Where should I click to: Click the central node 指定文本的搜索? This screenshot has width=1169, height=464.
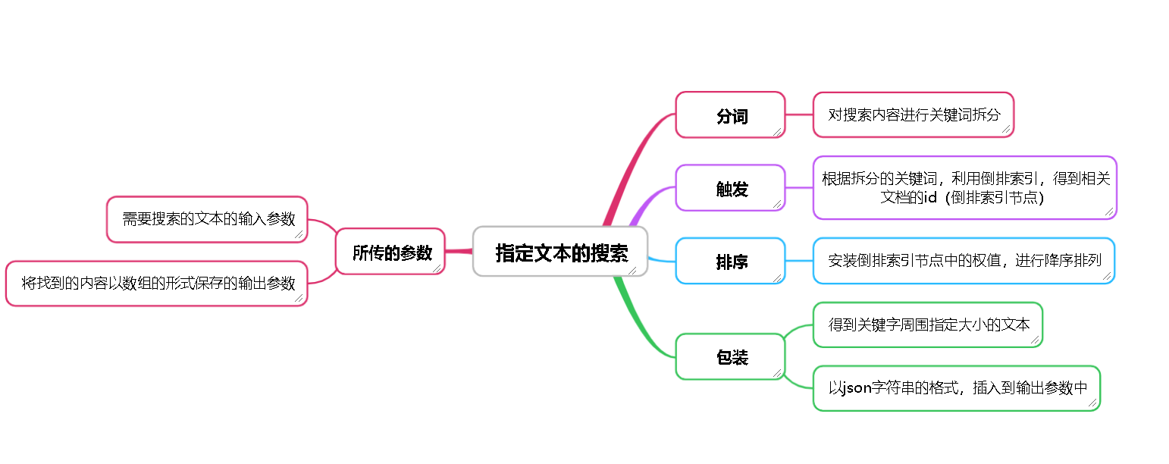(560, 252)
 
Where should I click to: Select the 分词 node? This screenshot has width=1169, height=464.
(730, 115)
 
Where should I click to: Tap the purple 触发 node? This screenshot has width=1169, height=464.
(730, 188)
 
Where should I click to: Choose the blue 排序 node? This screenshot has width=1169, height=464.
(730, 261)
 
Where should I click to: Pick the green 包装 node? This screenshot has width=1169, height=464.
(730, 356)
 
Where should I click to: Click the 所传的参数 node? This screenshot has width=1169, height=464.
(390, 252)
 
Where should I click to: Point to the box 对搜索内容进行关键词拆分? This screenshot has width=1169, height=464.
(913, 115)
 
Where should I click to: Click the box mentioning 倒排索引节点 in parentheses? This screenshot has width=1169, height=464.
(964, 188)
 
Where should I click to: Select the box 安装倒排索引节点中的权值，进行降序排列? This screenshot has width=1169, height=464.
(964, 261)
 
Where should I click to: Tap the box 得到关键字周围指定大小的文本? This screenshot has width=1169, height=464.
(928, 324)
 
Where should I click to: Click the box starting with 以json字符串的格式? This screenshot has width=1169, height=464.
(957, 388)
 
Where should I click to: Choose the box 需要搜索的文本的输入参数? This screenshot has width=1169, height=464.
(207, 220)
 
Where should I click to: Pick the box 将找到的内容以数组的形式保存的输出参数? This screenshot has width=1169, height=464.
(157, 284)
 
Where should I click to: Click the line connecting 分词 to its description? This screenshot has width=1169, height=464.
(799, 115)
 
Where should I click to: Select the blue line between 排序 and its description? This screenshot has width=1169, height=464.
(799, 261)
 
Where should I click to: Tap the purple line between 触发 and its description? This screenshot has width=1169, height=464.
(799, 187)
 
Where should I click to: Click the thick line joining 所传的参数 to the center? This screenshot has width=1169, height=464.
(459, 251)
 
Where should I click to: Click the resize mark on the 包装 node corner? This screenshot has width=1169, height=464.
(777, 372)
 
